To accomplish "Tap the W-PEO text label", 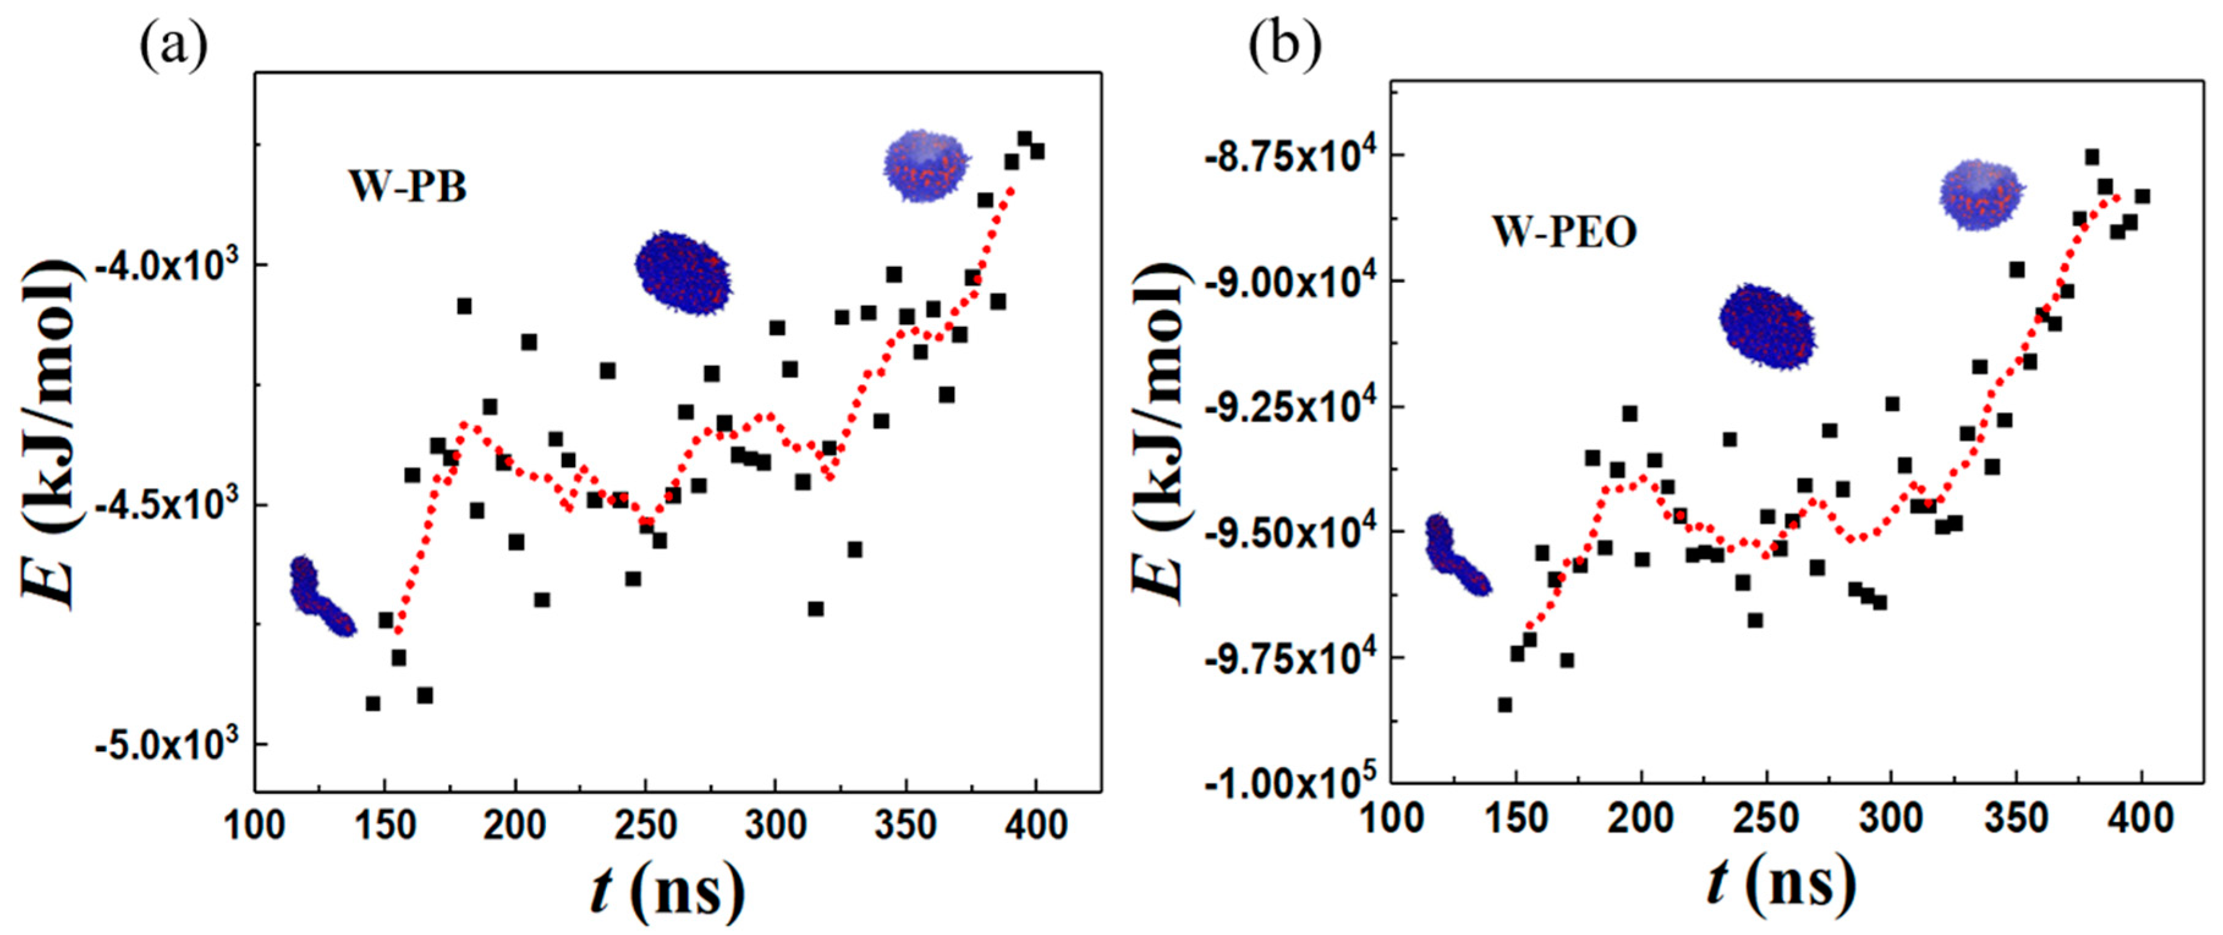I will click(x=1565, y=233).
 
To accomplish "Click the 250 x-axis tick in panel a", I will click(x=645, y=826).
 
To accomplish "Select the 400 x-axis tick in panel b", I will click(x=2141, y=818).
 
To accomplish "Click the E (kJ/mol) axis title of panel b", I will click(x=1160, y=431).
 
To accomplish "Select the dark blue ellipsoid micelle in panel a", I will click(x=683, y=272).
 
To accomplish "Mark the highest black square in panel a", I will click(x=1024, y=139).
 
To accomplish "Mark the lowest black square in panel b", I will click(x=1504, y=705).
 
